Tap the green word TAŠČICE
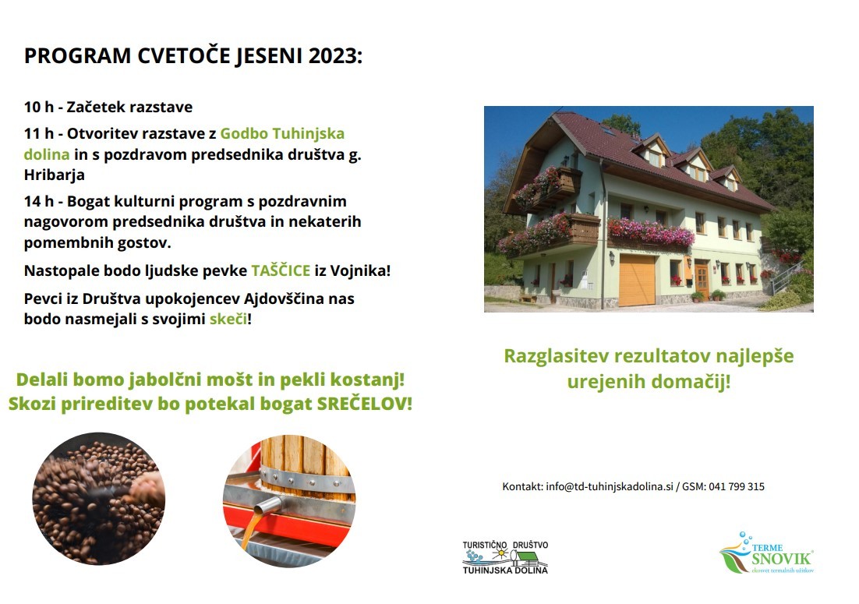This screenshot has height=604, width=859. [281, 270]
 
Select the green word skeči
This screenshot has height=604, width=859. [228, 319]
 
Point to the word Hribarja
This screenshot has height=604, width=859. [55, 175]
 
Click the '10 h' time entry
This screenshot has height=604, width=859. [39, 107]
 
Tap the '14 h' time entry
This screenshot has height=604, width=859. [39, 202]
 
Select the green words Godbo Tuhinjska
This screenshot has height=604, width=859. [282, 133]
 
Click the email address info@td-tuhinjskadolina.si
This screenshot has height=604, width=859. [610, 487]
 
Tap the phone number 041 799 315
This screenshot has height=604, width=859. [737, 487]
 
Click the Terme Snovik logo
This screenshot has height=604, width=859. [766, 553]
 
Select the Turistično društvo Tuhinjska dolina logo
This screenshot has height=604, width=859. [505, 557]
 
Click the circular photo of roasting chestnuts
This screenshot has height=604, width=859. [99, 498]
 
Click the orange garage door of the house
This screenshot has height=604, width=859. [637, 281]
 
